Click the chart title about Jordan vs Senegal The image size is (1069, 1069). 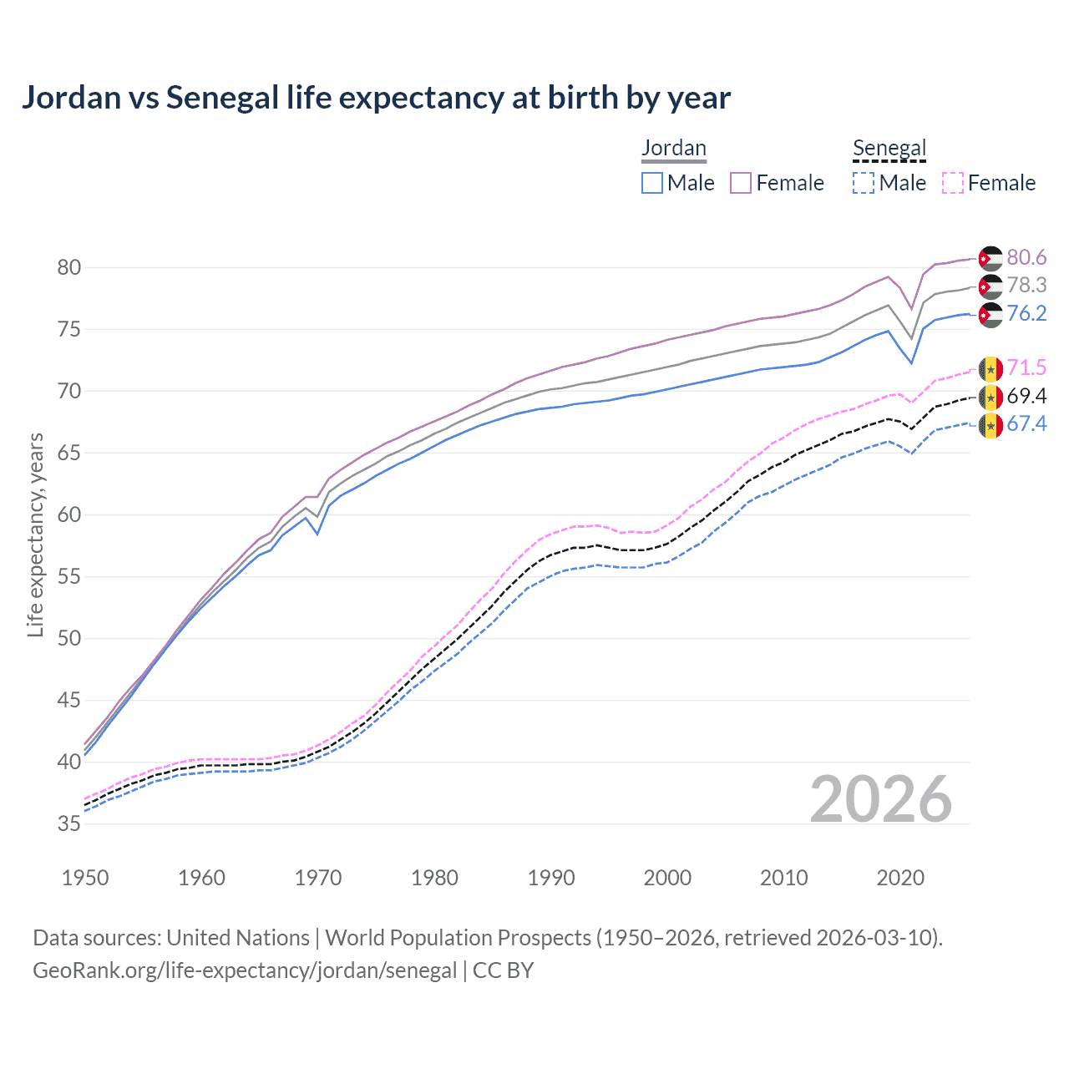pyautogui.click(x=376, y=98)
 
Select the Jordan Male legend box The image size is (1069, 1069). pyautogui.click(x=652, y=183)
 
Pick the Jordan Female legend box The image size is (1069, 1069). pyautogui.click(x=741, y=183)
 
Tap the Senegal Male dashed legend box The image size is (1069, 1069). pyautogui.click(x=864, y=183)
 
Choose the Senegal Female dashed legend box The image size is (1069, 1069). pyautogui.click(x=952, y=183)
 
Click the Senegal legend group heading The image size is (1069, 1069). pyautogui.click(x=889, y=149)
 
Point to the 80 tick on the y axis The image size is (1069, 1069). pyautogui.click(x=68, y=268)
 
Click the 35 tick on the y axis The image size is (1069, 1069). pyautogui.click(x=68, y=823)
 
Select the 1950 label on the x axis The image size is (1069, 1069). pyautogui.click(x=85, y=878)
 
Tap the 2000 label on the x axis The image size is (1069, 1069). pyautogui.click(x=667, y=878)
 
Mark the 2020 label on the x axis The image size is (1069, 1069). pyautogui.click(x=900, y=878)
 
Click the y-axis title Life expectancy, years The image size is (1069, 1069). pyautogui.click(x=35, y=534)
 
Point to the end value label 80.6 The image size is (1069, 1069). pyautogui.click(x=1026, y=258)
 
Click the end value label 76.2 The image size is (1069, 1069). pyautogui.click(x=1026, y=314)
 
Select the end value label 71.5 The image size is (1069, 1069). pyautogui.click(x=1026, y=368)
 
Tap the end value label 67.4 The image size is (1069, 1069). pyautogui.click(x=1026, y=424)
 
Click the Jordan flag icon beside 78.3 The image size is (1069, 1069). pyautogui.click(x=990, y=286)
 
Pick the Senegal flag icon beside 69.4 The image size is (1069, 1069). pyautogui.click(x=990, y=397)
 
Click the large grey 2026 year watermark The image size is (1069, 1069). pyautogui.click(x=881, y=799)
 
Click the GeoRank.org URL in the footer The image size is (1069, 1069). pyautogui.click(x=245, y=970)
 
